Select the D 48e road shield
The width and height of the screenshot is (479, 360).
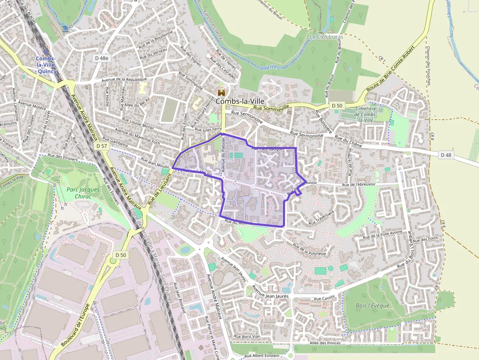(x=102, y=58)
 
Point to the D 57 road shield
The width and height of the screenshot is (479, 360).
(x=102, y=146)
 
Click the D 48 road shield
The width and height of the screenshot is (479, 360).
(x=445, y=155)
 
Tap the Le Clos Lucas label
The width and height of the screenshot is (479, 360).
(x=327, y=37)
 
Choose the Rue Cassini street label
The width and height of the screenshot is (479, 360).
(x=324, y=298)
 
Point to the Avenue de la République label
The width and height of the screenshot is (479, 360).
(x=124, y=79)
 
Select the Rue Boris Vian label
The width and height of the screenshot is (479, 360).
(x=249, y=336)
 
